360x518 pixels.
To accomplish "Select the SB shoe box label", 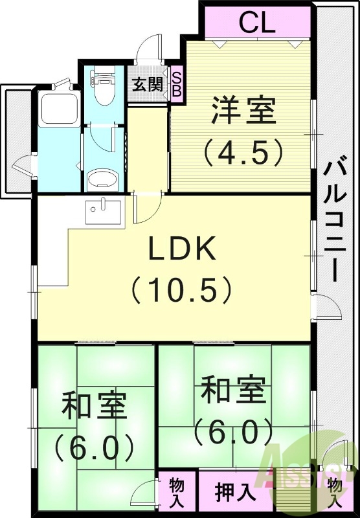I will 177,84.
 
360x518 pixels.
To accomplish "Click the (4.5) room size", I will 243,150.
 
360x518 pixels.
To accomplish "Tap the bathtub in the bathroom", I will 59,110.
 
